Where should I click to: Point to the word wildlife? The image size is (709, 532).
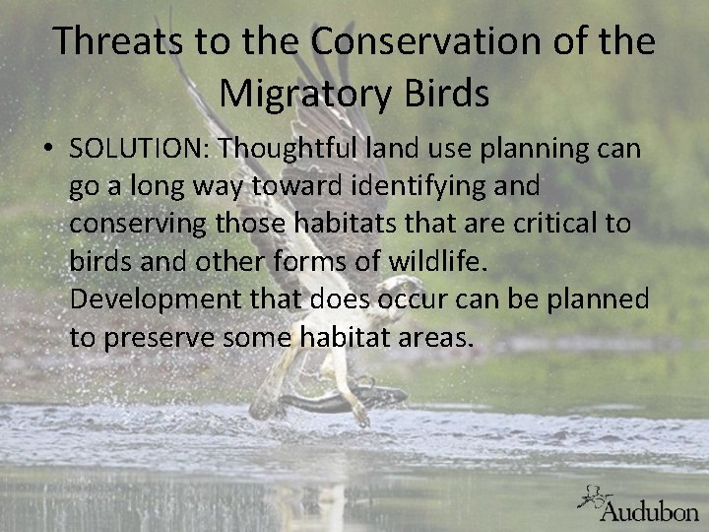436,262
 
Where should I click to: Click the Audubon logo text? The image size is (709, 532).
650,510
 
